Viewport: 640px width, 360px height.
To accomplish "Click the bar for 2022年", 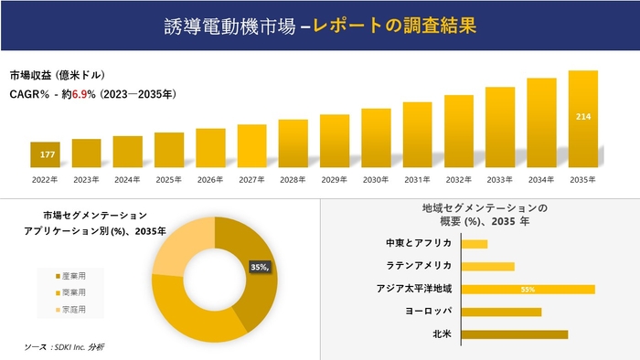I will pyautogui.click(x=45, y=154).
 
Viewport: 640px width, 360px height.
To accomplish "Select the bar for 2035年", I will pyautogui.click(x=582, y=119).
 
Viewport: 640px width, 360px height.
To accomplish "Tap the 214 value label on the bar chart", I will pyautogui.click(x=582, y=117).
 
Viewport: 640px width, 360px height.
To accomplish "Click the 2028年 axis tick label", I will pyautogui.click(x=293, y=179).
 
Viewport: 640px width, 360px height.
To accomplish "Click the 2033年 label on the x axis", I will pyautogui.click(x=499, y=179).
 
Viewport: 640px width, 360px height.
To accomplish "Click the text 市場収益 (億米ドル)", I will pyautogui.click(x=57, y=75).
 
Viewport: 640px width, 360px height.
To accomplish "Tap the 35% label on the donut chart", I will pyautogui.click(x=260, y=267).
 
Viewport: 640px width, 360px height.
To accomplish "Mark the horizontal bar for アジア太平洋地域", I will pyautogui.click(x=528, y=289).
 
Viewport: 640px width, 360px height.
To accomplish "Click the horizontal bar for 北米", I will pyautogui.click(x=515, y=334).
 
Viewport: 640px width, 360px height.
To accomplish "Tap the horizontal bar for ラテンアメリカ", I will pyautogui.click(x=488, y=267).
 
